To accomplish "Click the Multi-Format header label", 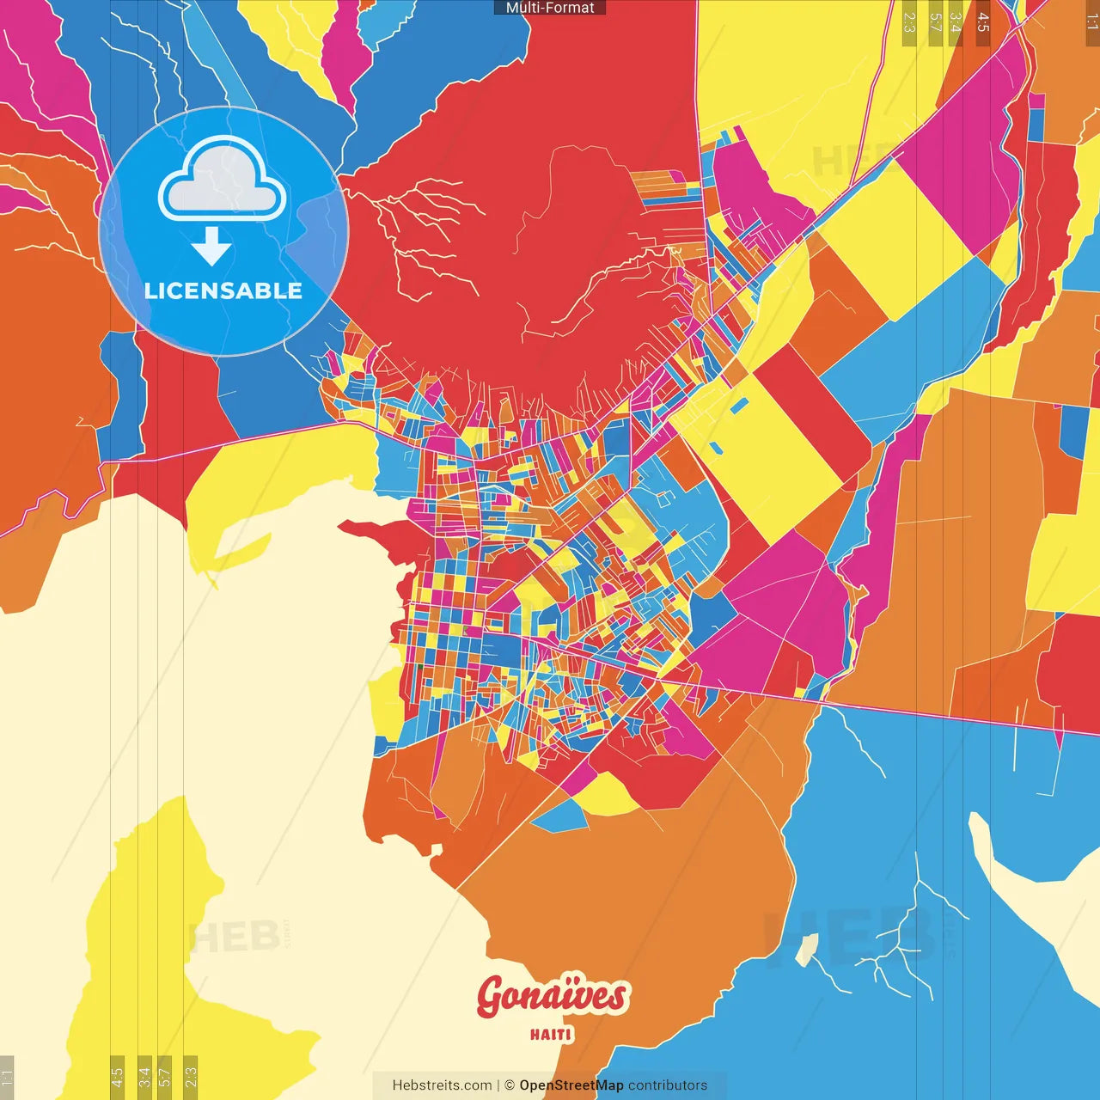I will pyautogui.click(x=550, y=8).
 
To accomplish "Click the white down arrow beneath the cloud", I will pyautogui.click(x=211, y=247).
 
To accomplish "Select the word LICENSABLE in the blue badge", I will pyautogui.click(x=223, y=290).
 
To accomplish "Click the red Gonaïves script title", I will pyautogui.click(x=553, y=997).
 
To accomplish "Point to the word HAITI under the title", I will pyautogui.click(x=551, y=1035).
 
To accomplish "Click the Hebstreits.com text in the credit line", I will pyautogui.click(x=442, y=1085).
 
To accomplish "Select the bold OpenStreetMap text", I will pyautogui.click(x=571, y=1085).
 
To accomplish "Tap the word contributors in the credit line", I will pyautogui.click(x=668, y=1085).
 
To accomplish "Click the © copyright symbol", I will pyautogui.click(x=510, y=1085).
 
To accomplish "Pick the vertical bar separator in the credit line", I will pyautogui.click(x=498, y=1085).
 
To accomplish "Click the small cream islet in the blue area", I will pyautogui.click(x=805, y=950).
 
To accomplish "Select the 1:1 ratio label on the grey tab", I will pyautogui.click(x=7, y=1077).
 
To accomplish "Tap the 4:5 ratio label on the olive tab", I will pyautogui.click(x=117, y=1077).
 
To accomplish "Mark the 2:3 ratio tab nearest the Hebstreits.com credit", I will pyautogui.click(x=191, y=1077).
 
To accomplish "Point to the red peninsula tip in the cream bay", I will pyautogui.click(x=344, y=526).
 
